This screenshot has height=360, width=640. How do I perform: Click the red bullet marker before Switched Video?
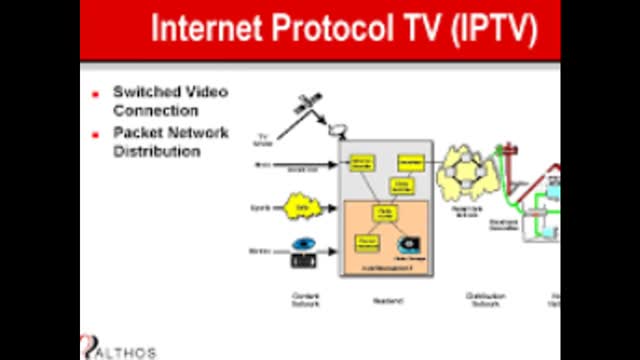(x=95, y=94)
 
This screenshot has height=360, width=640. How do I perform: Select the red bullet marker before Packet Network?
(x=95, y=134)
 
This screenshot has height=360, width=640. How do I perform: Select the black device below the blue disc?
(x=303, y=260)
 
